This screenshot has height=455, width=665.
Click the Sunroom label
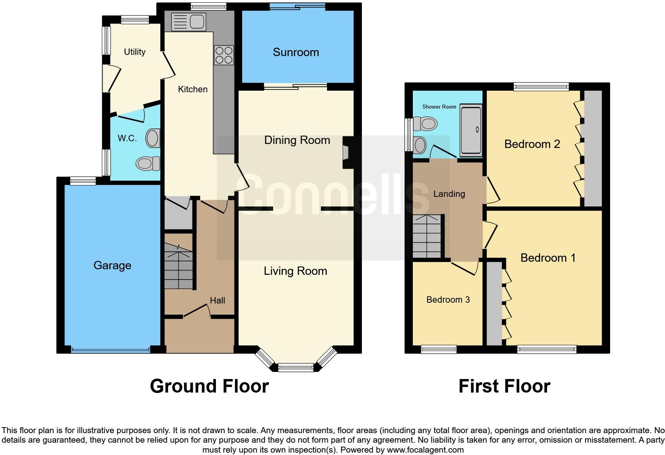pos(296,52)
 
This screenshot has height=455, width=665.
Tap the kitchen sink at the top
pos(189,21)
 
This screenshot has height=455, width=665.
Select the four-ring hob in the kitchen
pos(224,55)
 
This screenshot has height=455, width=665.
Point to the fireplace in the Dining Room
pos(346,152)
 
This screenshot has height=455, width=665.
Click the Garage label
pos(112,265)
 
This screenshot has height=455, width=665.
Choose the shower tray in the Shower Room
pos(471,130)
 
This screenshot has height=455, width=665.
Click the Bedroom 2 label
pos(532,144)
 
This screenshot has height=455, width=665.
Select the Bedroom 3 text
pos(448,299)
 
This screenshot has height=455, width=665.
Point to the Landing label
pos(449,194)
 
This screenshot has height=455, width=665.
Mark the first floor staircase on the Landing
pos(427,236)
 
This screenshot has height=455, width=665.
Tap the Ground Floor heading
pos(209,386)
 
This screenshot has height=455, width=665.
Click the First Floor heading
pos(504,386)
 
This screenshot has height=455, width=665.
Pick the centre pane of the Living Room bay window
pos(296,367)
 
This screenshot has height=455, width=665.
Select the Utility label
pos(134,52)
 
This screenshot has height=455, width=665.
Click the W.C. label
pos(127,138)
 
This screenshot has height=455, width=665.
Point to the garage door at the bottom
pos(111,350)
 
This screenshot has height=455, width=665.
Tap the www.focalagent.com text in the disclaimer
pos(425,450)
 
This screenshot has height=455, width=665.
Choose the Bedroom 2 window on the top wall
pos(541,86)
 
